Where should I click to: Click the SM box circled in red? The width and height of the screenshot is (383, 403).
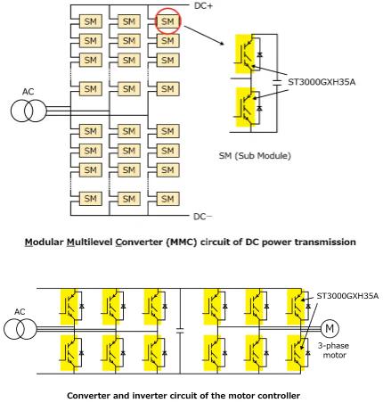point(167,21)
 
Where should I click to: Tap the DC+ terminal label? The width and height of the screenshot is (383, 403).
point(203,5)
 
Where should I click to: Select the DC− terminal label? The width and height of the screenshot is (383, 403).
point(203,217)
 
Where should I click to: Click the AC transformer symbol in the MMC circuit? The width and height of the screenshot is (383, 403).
point(29,111)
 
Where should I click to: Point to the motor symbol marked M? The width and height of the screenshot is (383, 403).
point(330,328)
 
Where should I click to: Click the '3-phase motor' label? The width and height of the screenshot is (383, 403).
point(334,350)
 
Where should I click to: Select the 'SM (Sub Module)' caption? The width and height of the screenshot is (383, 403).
point(255,156)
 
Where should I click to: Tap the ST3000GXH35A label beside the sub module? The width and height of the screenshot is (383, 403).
point(322,82)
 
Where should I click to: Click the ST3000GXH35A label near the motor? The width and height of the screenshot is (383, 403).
point(347,296)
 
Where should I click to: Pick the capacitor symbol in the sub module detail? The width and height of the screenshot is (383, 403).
point(277,83)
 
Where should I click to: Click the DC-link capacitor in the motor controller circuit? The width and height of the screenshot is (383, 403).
point(180,330)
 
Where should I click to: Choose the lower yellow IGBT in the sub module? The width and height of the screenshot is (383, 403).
point(245,107)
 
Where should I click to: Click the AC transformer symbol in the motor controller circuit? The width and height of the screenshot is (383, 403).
point(20,329)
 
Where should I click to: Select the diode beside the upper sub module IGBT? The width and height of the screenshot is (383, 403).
point(259,54)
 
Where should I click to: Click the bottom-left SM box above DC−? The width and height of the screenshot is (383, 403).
point(91,199)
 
